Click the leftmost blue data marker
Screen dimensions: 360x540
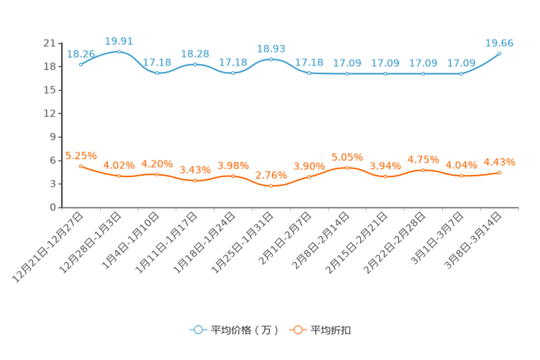pos(81,64)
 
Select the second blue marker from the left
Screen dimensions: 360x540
pos(118,52)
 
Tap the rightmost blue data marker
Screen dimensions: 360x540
pos(500,53)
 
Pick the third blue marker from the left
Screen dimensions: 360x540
pos(157,73)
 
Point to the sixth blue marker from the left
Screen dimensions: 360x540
pos(271,59)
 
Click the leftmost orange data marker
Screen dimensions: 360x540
pos(81,165)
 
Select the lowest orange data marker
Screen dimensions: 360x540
pos(271,187)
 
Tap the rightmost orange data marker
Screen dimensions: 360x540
pos(500,172)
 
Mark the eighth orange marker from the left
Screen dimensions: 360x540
pos(348,167)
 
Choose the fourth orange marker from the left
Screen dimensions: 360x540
pos(195,180)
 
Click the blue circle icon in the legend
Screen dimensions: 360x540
pos(197,330)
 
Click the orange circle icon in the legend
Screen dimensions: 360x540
pos(298,330)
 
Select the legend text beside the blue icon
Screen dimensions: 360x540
pos(245,330)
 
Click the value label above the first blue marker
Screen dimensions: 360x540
pos(81,53)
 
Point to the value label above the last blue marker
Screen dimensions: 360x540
pos(499,43)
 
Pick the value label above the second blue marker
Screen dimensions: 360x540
pos(119,41)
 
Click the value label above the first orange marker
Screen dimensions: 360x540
pos(81,155)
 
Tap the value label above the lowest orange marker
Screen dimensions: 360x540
pos(271,176)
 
